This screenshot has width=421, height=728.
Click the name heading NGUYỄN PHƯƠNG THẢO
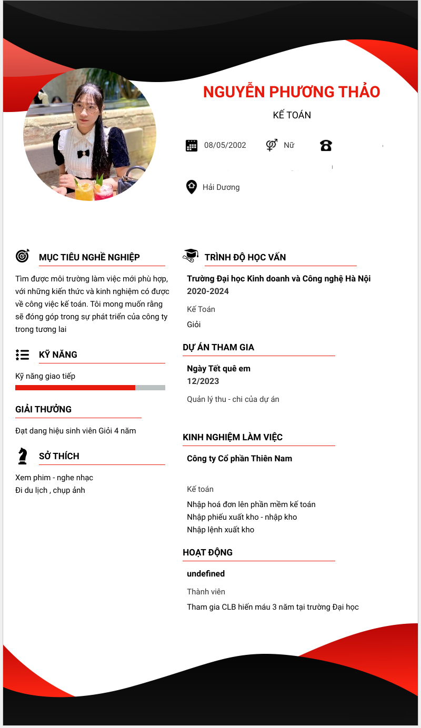pos(292,92)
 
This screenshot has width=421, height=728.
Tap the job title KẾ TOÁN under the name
pos(292,115)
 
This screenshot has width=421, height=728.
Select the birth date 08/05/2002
pos(225,145)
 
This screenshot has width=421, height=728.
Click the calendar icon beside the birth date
pos(192,146)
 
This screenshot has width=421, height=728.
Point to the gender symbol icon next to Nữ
pos(272,145)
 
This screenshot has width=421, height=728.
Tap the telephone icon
pos(326,146)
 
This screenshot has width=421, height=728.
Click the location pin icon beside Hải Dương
pos(192,187)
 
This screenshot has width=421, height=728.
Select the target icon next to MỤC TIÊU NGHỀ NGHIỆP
pos(23,256)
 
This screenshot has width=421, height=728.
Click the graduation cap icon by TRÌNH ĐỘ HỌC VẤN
pos(191,256)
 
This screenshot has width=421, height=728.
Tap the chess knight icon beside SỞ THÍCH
pos(22,456)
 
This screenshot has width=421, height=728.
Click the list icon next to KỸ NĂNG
pos(22,355)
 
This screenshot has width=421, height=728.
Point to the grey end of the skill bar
pos(151,388)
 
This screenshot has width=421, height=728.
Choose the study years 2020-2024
pos(208,291)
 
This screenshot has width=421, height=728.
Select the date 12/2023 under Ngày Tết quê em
pos(203,381)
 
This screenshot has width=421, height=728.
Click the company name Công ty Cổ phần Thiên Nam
pos(239,459)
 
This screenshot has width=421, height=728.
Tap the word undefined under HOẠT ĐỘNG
pos(206,574)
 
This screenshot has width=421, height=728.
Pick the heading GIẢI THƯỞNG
pos(44,409)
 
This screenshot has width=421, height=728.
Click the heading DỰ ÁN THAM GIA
pos(218,347)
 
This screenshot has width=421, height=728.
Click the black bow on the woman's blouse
pos(83,154)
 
